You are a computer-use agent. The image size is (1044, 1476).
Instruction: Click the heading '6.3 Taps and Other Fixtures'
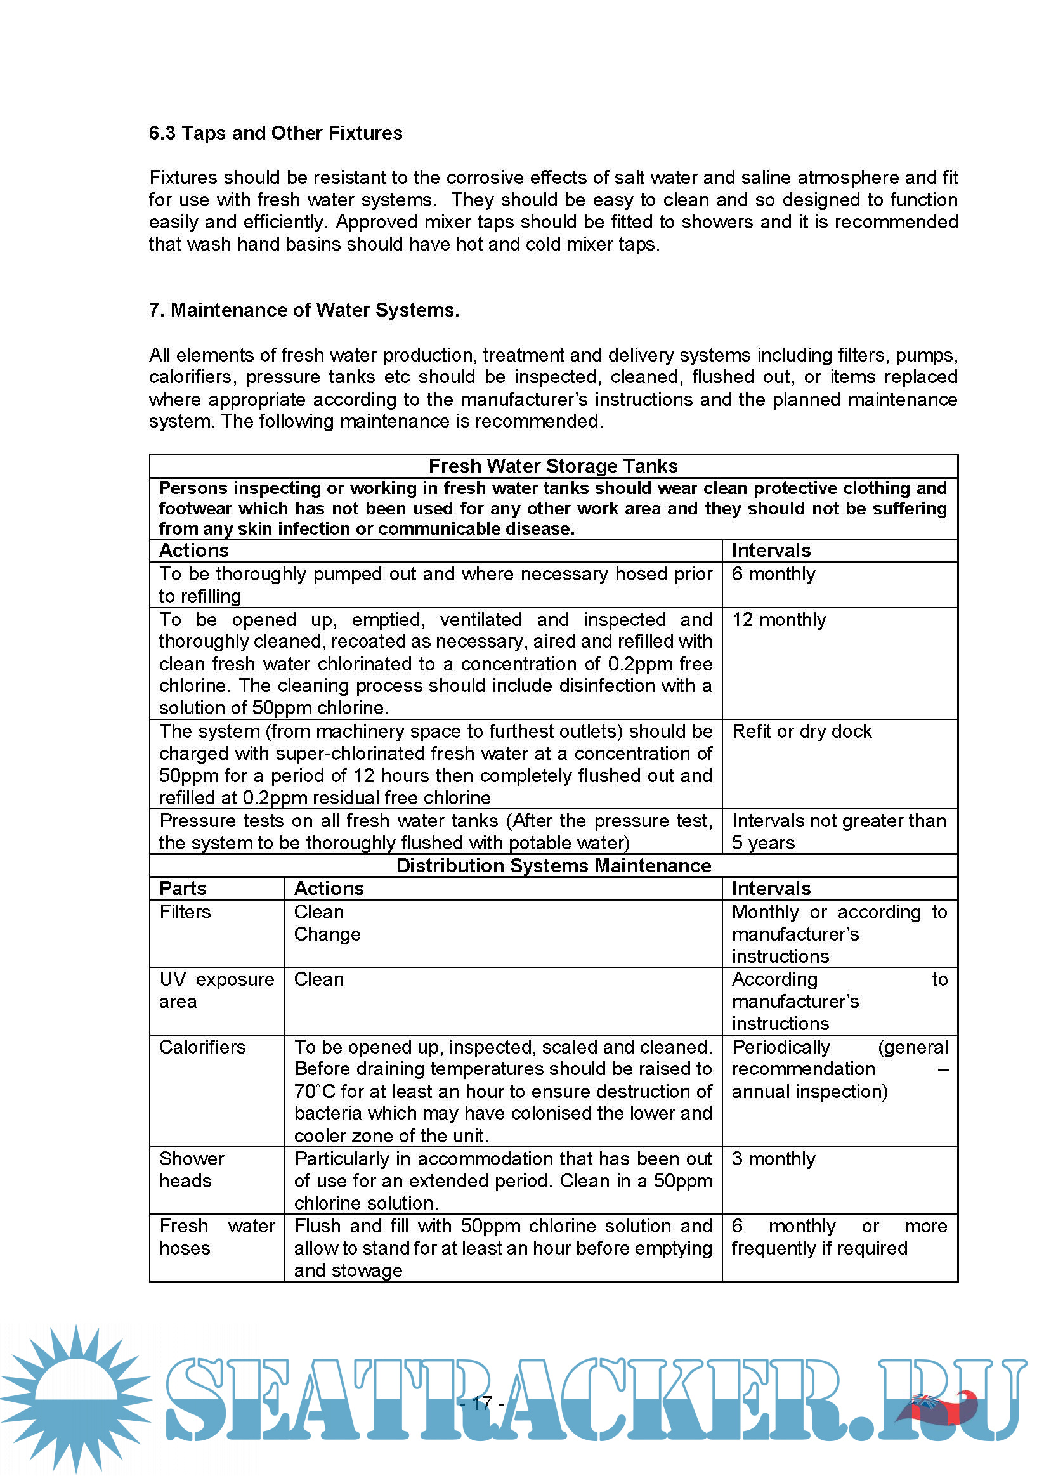coord(275,133)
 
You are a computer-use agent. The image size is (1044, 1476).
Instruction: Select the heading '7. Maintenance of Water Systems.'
coord(304,310)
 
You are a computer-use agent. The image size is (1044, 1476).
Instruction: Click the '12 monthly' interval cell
coord(778,620)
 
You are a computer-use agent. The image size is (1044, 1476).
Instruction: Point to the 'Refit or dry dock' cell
coord(802,731)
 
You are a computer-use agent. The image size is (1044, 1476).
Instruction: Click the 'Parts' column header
coord(183,889)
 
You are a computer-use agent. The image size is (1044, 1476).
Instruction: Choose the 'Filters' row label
coord(185,911)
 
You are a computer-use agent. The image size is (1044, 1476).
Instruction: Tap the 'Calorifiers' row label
coord(202,1047)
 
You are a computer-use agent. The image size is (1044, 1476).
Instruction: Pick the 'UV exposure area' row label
coord(216,990)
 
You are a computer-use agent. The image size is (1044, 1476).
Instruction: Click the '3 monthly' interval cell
coord(773,1158)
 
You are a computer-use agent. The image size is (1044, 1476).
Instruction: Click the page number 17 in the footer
coord(482,1403)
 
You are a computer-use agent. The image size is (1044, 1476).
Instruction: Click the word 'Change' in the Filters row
coord(327,934)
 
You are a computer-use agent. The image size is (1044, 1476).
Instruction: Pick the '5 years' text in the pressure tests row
coord(763,843)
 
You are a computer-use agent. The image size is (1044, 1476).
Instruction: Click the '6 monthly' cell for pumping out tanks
coord(773,574)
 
